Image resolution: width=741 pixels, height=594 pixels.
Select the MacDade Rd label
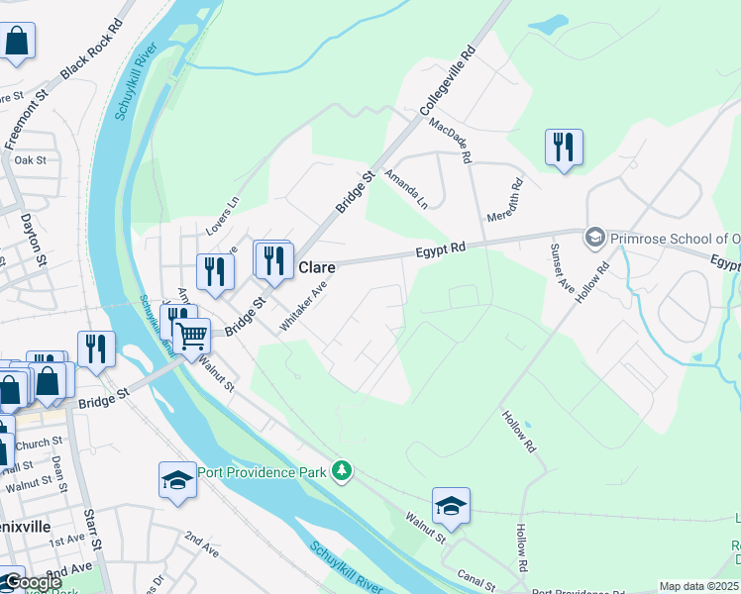tap(451, 141)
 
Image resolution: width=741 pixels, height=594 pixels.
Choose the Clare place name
tap(317, 267)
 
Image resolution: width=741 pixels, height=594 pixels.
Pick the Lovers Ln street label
tap(223, 215)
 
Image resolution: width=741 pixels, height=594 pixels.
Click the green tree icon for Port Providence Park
tap(342, 469)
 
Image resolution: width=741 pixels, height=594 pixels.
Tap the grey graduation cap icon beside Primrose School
tap(594, 237)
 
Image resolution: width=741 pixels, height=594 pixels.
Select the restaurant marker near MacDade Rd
tap(564, 148)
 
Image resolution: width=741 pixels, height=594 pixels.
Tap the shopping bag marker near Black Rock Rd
tap(17, 42)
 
